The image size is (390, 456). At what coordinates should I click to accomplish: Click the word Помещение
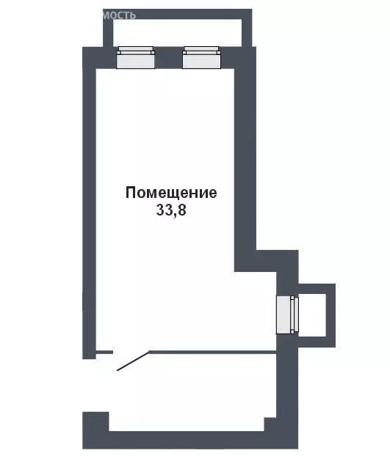[x=171, y=194]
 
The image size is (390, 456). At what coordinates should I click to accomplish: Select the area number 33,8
[x=171, y=210]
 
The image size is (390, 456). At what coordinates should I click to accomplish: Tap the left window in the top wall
[x=136, y=58]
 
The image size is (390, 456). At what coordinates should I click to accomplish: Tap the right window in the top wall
[x=201, y=58]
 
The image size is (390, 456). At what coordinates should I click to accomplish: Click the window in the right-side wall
[x=286, y=315]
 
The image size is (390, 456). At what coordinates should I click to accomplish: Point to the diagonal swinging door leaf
[x=133, y=361]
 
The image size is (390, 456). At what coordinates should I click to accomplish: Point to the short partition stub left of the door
[x=104, y=353]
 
